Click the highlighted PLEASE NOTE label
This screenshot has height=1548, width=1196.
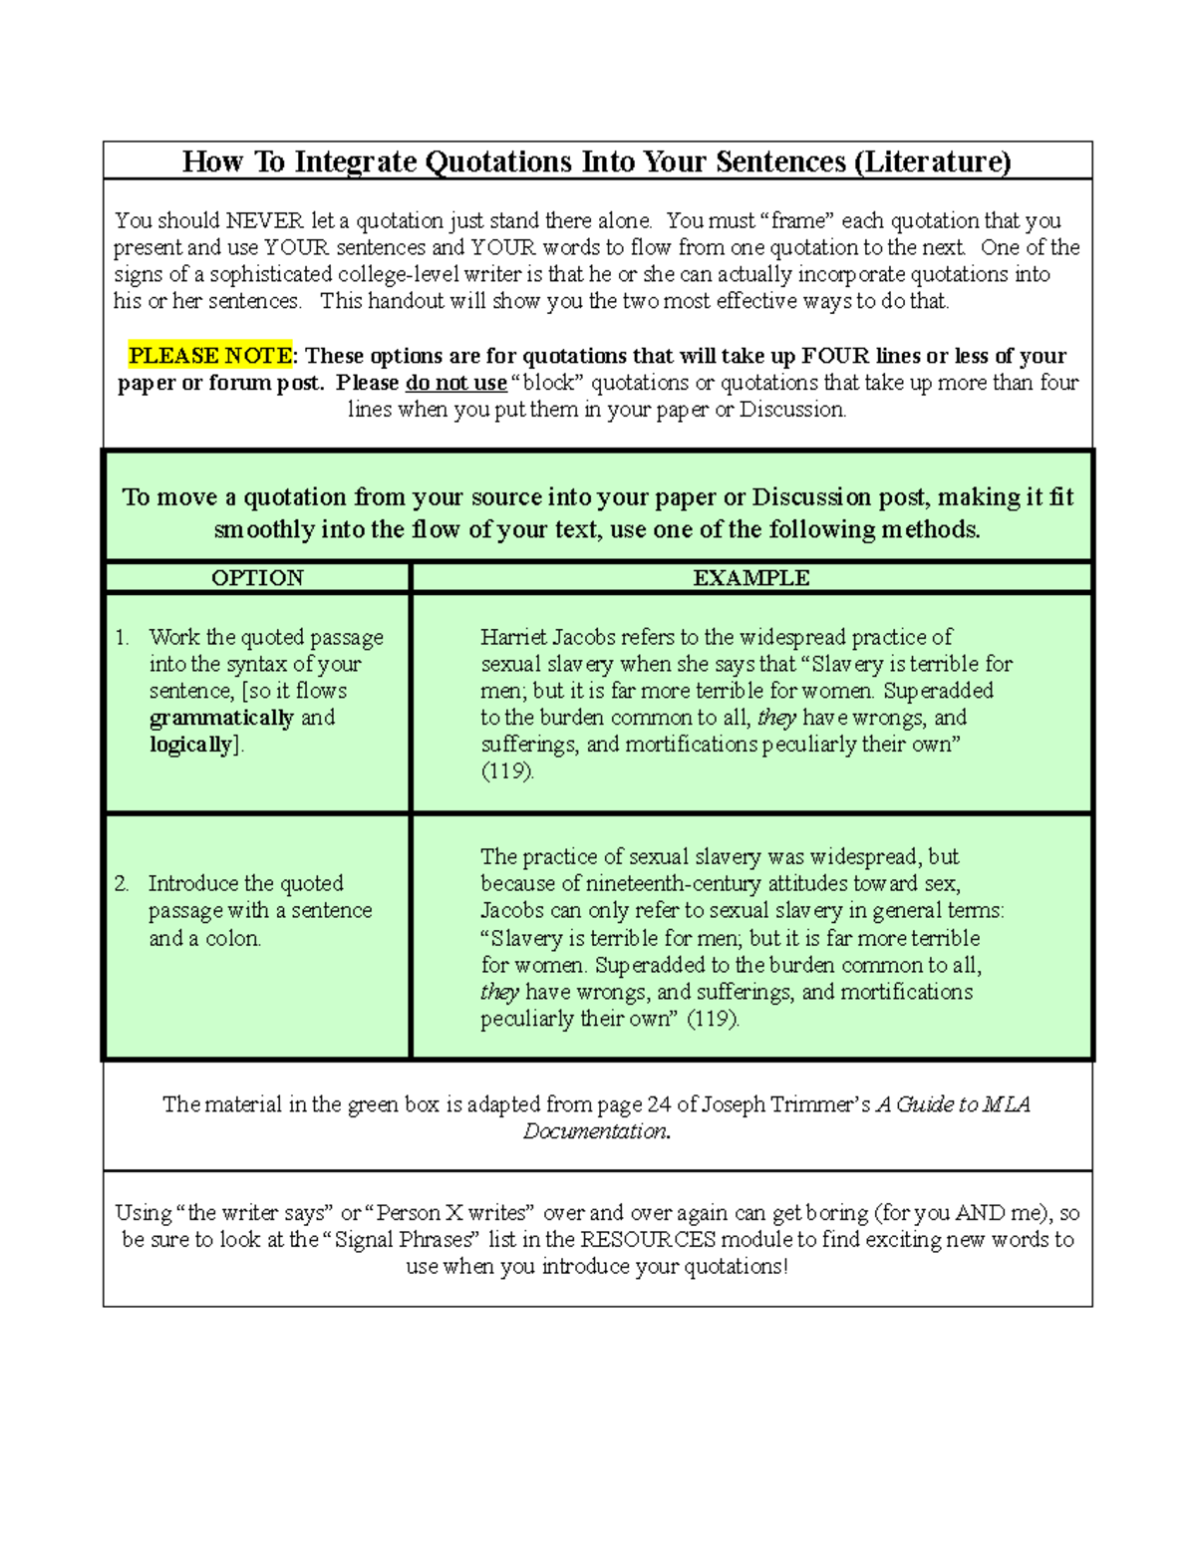[x=210, y=356]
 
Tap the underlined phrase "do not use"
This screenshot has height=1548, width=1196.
[x=455, y=383]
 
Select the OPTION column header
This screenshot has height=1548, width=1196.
[x=257, y=578]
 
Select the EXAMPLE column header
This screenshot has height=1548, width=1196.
[x=751, y=578]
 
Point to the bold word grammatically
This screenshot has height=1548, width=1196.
[x=221, y=718]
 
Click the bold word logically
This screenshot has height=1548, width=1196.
[x=190, y=745]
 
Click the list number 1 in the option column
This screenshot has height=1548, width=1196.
[x=122, y=638]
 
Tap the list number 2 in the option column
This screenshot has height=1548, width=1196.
[x=122, y=884]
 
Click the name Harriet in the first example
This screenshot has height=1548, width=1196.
[x=513, y=637]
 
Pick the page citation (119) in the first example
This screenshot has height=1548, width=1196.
[x=507, y=772]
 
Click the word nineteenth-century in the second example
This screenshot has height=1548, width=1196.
[x=674, y=884]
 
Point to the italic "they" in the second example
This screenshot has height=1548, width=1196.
[x=499, y=992]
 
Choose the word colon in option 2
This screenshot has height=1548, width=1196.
[x=232, y=938]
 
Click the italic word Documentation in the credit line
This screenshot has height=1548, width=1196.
[x=596, y=1131]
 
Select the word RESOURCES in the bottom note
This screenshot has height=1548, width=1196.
[x=648, y=1240]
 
